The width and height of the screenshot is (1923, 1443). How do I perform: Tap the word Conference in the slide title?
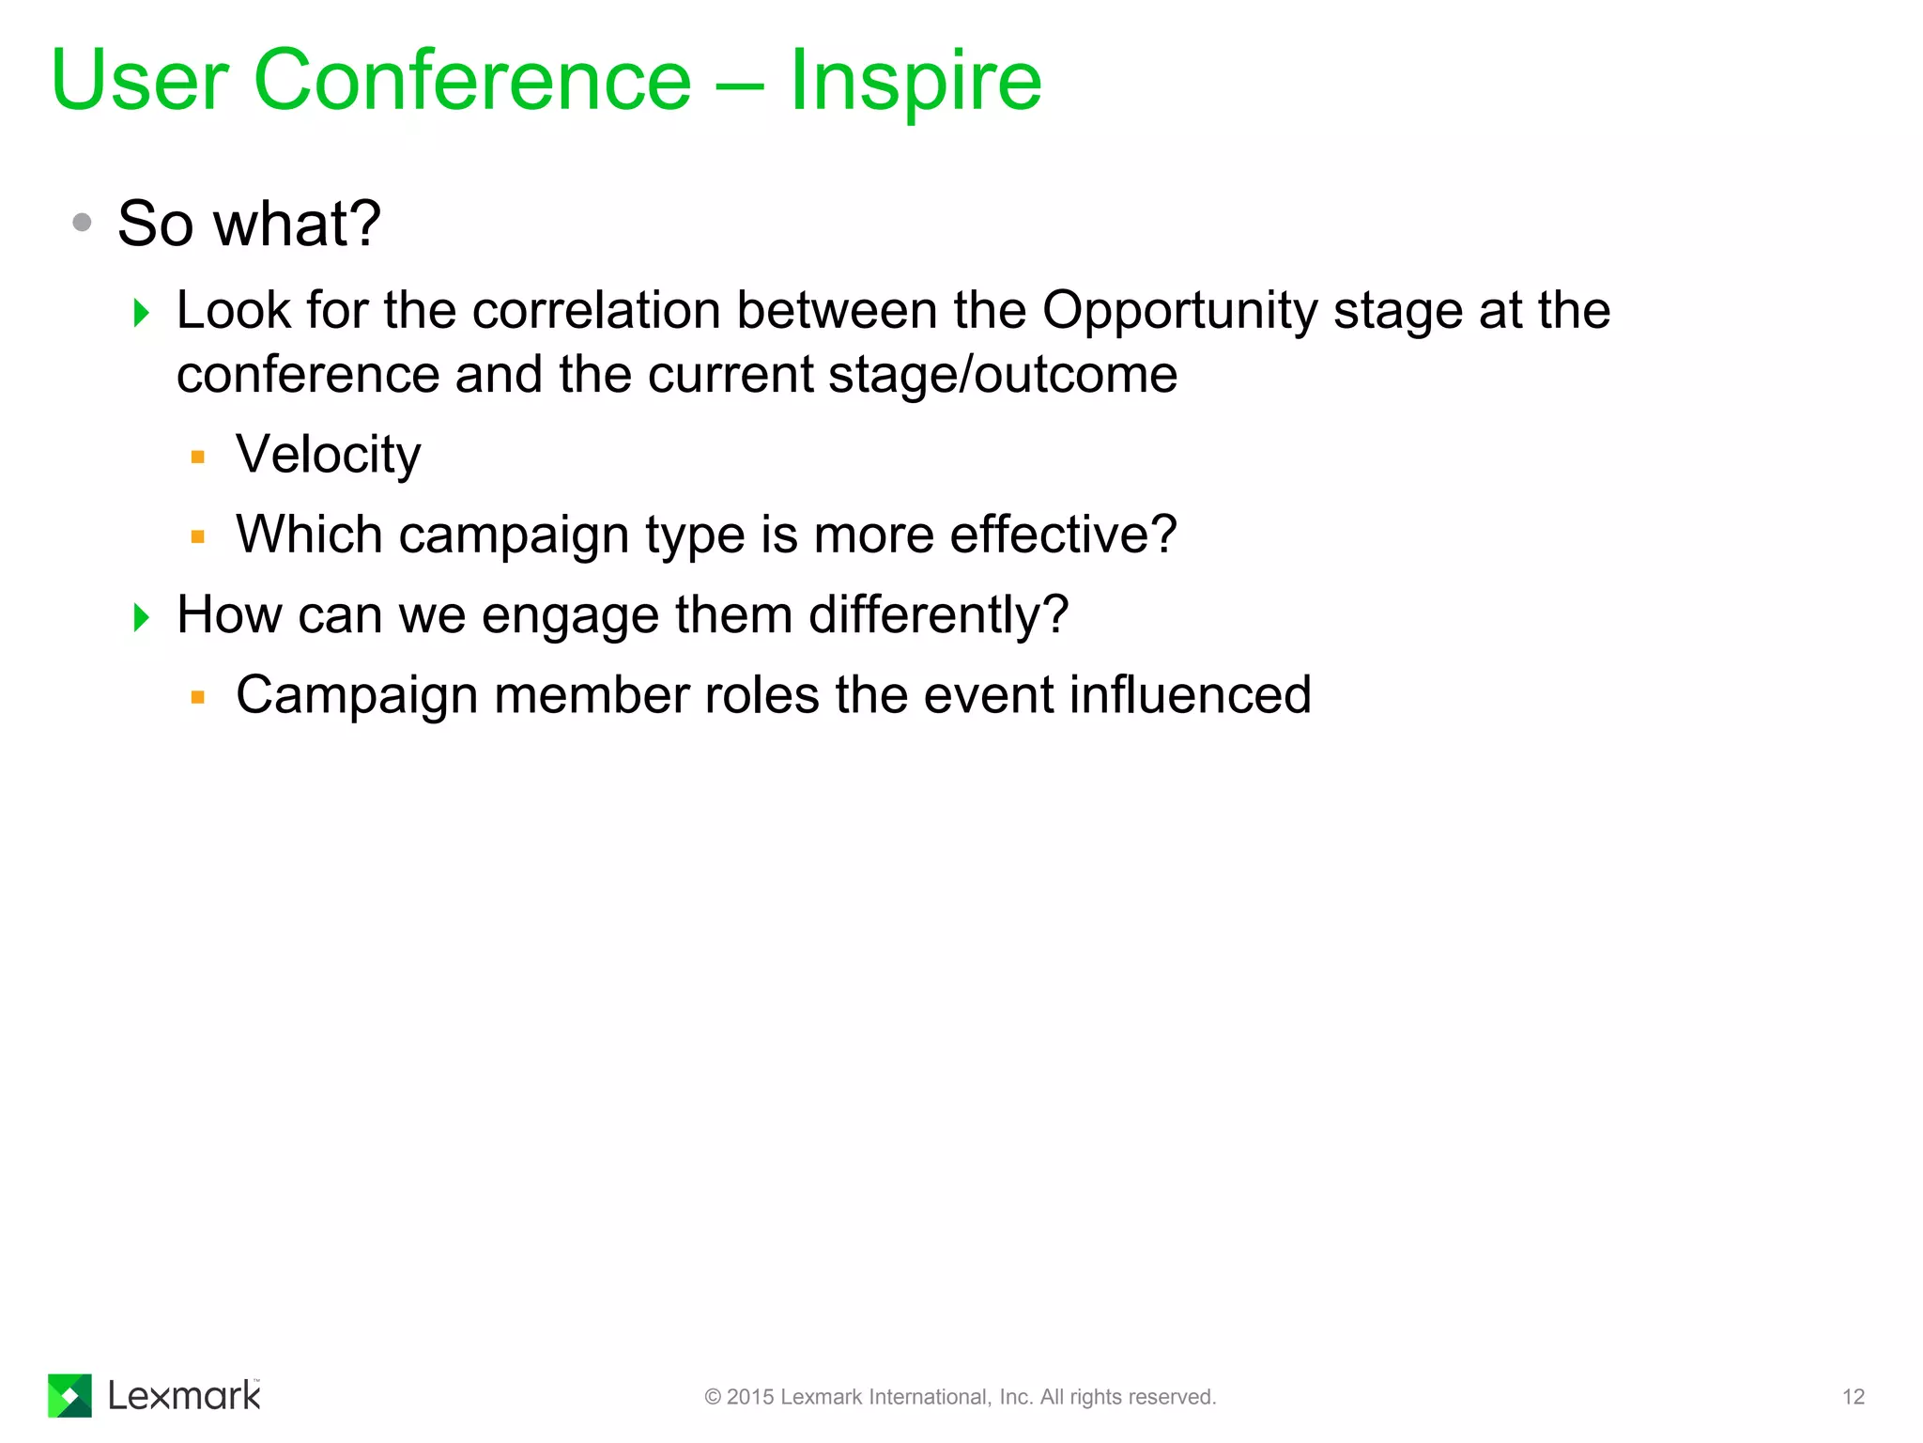pos(472,81)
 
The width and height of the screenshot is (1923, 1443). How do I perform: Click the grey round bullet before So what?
pos(83,223)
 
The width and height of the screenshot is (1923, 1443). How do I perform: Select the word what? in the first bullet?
pos(298,225)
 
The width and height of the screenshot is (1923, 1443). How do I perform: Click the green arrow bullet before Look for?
pos(142,312)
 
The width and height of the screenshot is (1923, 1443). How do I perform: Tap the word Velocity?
pos(328,456)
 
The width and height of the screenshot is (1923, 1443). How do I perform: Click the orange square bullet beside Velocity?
pos(197,458)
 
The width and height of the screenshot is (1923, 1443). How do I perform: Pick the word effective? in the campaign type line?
pos(1063,535)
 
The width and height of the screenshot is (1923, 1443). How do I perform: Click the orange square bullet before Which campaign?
pos(197,537)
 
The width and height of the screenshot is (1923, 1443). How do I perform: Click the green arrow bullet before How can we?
pos(142,617)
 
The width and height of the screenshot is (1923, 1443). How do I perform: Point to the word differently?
pos(938,616)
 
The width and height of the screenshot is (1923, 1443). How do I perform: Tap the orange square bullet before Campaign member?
pos(197,697)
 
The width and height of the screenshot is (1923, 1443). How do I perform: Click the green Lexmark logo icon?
pos(69,1395)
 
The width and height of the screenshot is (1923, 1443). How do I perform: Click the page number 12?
pos(1853,1397)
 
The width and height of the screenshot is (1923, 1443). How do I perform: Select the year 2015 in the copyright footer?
pos(750,1397)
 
